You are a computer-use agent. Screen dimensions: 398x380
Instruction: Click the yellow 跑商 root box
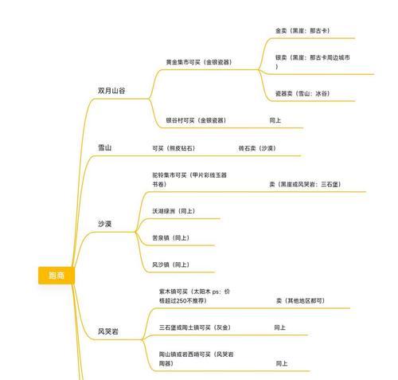click(57, 276)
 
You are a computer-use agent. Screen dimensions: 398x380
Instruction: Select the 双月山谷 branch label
click(111, 91)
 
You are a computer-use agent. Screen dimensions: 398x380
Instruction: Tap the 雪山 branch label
click(105, 147)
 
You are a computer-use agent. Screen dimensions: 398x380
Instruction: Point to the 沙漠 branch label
click(105, 224)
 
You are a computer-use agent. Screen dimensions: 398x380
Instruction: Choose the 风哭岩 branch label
click(108, 331)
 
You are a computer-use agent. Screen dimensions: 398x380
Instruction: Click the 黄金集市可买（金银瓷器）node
click(199, 62)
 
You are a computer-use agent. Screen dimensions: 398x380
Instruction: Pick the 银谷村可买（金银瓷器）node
click(196, 120)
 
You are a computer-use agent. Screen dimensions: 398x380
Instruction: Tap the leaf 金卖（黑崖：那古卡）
click(302, 31)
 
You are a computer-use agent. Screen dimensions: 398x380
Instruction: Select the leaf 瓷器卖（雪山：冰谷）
click(302, 93)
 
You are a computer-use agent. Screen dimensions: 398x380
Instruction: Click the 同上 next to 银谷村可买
click(275, 120)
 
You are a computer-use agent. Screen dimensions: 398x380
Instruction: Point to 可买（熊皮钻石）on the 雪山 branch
click(174, 148)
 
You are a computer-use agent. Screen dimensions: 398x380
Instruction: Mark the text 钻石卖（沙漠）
click(257, 148)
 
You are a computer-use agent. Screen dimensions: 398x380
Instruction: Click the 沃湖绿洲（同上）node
click(174, 211)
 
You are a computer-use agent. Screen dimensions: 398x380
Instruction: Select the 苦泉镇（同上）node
click(171, 237)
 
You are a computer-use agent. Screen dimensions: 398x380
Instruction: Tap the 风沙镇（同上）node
click(171, 264)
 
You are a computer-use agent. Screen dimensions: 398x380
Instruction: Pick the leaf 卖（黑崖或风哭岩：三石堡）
click(306, 184)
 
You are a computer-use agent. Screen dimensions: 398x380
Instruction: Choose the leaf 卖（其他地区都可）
click(301, 300)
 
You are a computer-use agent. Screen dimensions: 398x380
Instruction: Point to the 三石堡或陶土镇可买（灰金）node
click(195, 327)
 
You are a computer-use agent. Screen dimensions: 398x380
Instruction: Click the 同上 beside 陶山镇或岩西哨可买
click(282, 363)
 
